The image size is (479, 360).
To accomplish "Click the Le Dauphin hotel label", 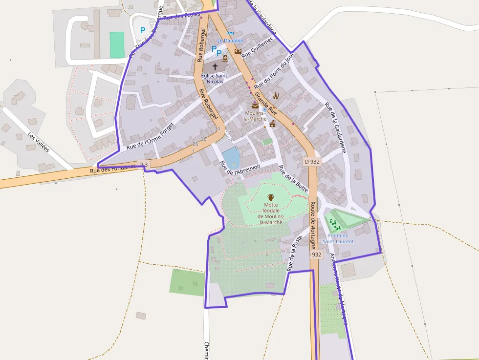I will click(230, 41).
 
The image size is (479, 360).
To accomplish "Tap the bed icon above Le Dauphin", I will click(230, 33).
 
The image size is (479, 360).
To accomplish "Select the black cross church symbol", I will click(215, 65).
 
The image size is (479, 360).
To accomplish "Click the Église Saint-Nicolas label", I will click(215, 78).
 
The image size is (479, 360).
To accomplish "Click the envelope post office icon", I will click(255, 105).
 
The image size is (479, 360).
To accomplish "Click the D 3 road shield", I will click(143, 164).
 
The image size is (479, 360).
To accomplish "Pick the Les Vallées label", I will click(39, 142).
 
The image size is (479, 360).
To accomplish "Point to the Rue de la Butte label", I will click(292, 179).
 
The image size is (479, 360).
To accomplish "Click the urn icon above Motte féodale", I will click(271, 197).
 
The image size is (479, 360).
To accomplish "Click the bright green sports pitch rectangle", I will click(117, 45).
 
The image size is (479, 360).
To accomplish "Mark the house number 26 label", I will click(196, 144).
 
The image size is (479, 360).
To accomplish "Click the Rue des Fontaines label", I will click(112, 169).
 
